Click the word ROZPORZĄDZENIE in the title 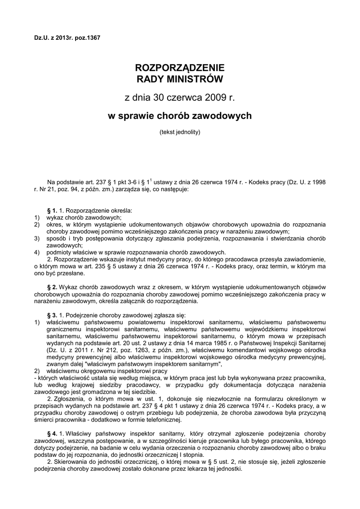(x=180, y=68)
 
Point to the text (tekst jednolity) (x=180, y=133)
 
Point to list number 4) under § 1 (x=37, y=253)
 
